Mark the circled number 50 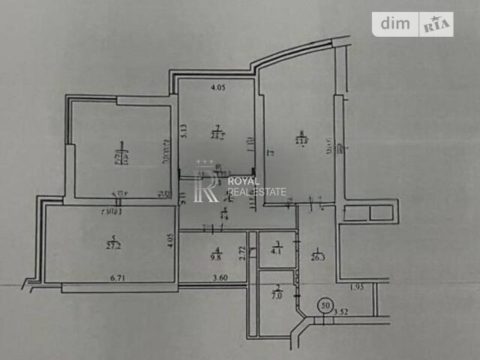point(325,305)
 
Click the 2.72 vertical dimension point(242,254)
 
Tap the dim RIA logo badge point(413,24)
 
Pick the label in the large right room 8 point(301,138)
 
